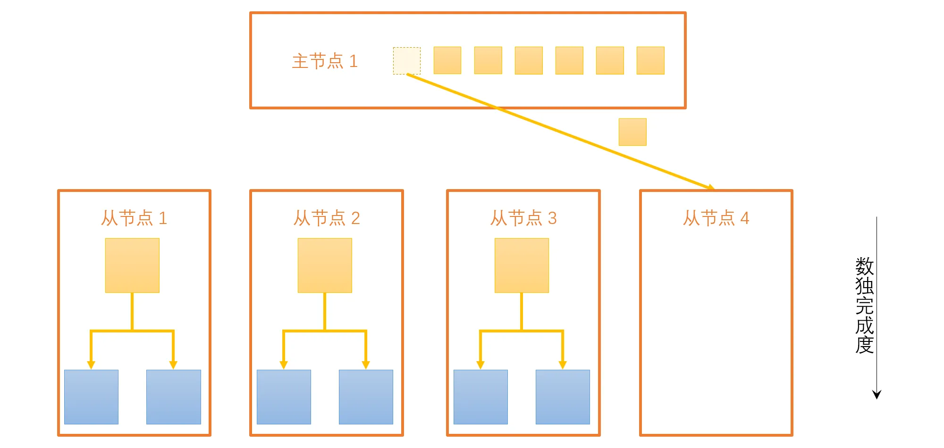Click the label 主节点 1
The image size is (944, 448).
tap(325, 61)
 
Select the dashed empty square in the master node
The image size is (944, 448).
tap(406, 60)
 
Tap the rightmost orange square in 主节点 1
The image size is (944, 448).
tap(650, 60)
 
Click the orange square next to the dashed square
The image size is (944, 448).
tap(447, 60)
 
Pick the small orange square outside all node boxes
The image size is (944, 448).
tap(632, 132)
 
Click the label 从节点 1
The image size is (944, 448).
tap(134, 218)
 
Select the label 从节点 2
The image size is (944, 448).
tap(327, 218)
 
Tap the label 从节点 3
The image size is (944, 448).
tap(523, 218)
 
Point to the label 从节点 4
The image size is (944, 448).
tap(716, 218)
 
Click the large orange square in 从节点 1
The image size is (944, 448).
tap(132, 265)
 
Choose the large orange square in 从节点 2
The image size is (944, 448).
tap(325, 265)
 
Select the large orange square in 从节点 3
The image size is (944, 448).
tap(522, 265)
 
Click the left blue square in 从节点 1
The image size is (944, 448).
tap(91, 397)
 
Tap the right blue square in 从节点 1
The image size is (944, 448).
tap(173, 397)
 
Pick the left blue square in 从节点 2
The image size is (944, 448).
tap(284, 397)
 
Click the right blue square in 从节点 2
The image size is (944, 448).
tap(366, 397)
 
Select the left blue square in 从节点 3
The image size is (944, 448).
tap(480, 397)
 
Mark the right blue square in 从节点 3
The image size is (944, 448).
tap(563, 397)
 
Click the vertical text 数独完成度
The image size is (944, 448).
tap(864, 305)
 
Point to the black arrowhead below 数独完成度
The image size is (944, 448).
tap(877, 395)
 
